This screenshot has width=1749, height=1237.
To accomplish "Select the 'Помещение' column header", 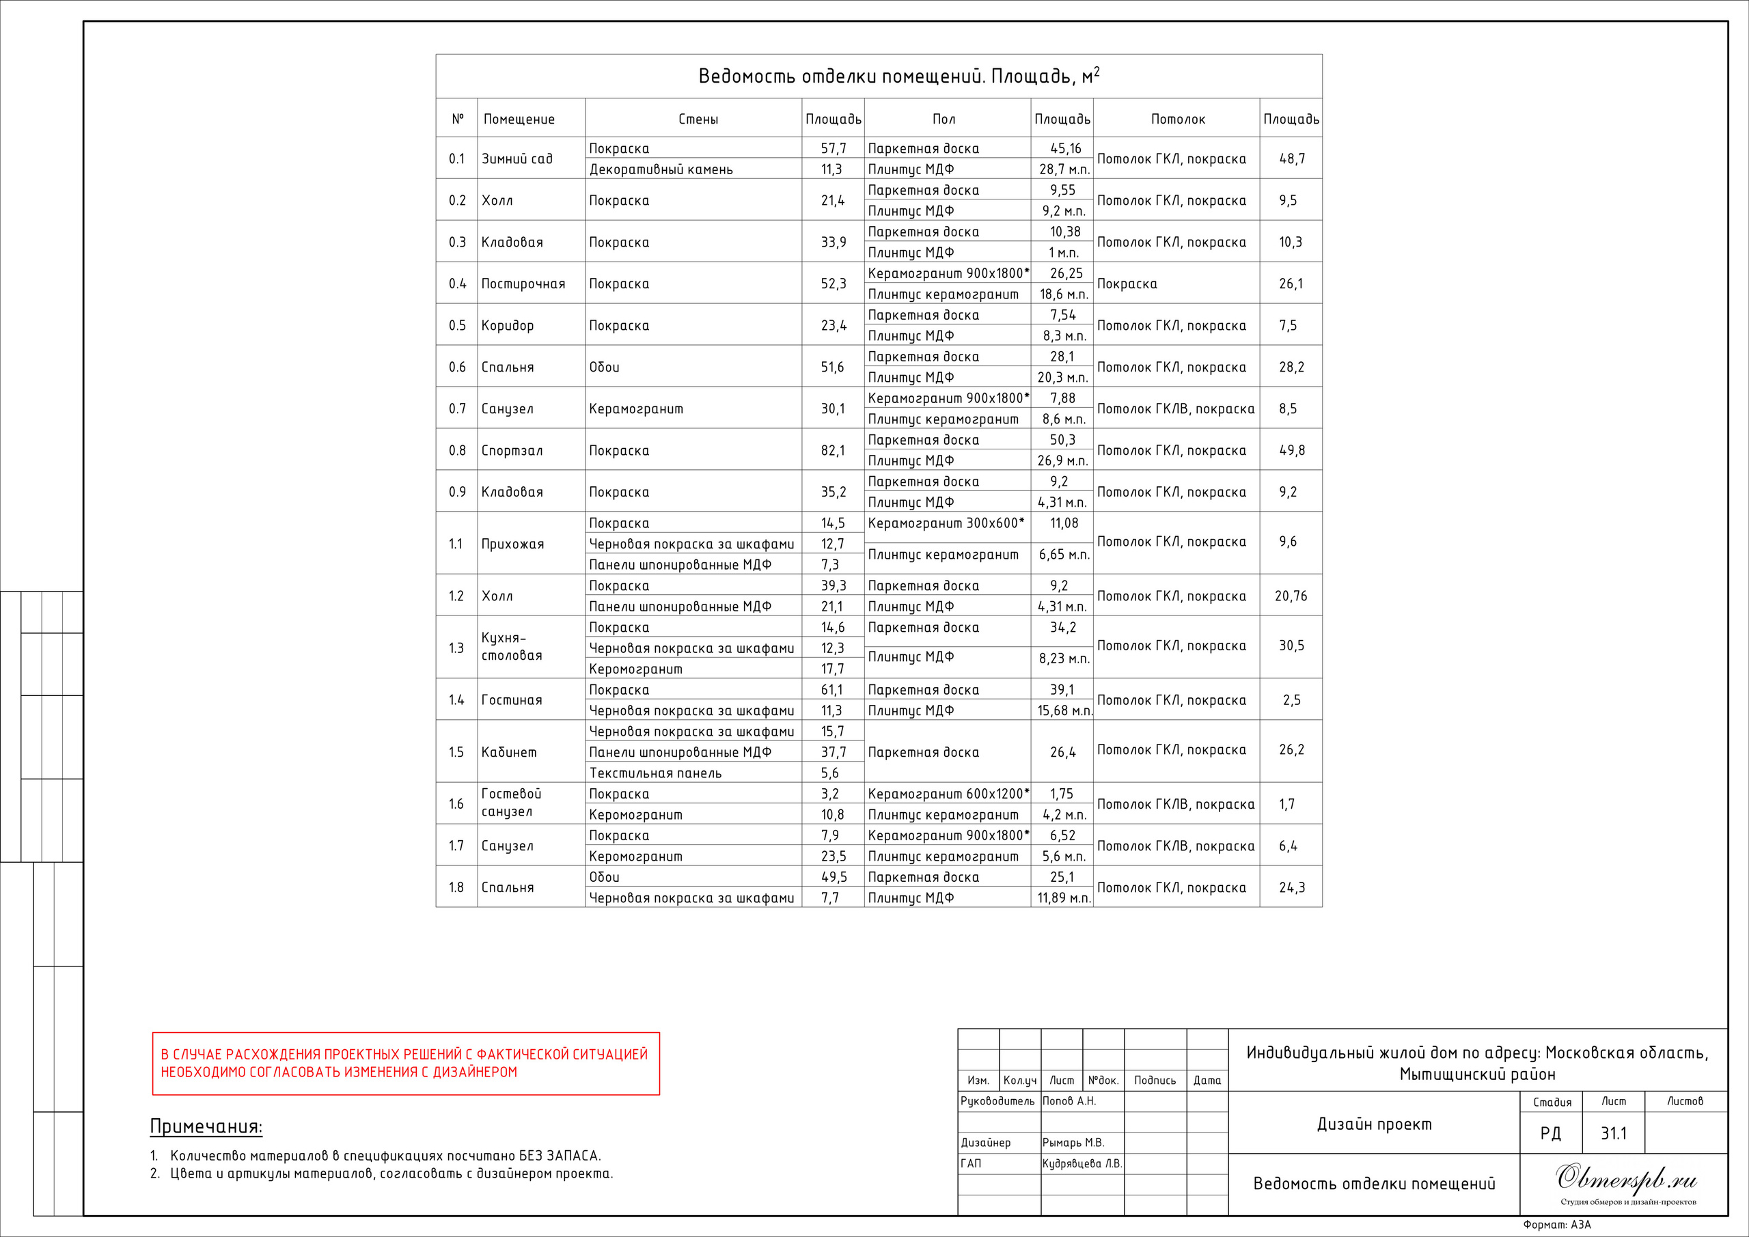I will click(519, 119).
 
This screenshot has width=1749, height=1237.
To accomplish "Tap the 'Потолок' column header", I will click(1178, 119).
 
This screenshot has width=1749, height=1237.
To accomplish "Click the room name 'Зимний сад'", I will click(517, 158).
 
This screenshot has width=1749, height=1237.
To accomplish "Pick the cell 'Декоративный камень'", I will click(661, 169).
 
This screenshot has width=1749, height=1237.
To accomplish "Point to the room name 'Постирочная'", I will click(523, 283).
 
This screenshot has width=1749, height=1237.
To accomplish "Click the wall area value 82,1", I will click(833, 450).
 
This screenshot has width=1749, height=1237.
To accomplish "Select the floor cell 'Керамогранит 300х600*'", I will click(946, 523).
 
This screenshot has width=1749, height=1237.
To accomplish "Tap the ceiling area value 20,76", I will click(1291, 596).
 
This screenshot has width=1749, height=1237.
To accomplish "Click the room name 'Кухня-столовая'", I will click(511, 647).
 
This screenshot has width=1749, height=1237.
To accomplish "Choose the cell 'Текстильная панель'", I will click(655, 773).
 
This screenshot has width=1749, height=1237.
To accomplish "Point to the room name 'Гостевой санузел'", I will click(510, 803).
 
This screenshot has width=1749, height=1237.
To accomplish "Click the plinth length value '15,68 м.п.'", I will click(1064, 710).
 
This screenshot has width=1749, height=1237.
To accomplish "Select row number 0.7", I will click(456, 409).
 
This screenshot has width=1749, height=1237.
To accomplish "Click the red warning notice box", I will click(405, 1064).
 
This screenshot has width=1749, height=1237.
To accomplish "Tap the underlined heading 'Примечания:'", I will click(206, 1126).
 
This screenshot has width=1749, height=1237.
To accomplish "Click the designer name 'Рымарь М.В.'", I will click(1073, 1143).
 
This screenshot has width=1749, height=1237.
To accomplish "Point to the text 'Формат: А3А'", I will click(1556, 1225).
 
